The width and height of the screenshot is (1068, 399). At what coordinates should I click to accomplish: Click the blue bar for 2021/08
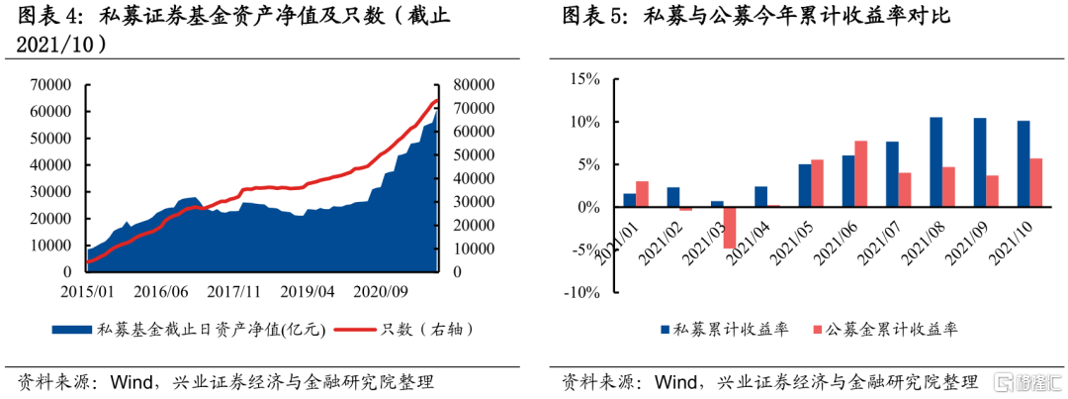pyautogui.click(x=935, y=162)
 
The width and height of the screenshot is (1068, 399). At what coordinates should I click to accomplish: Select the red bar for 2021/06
pyautogui.click(x=860, y=174)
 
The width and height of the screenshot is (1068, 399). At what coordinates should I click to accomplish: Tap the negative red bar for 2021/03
pyautogui.click(x=729, y=228)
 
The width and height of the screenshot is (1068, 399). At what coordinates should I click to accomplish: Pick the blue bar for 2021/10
pyautogui.click(x=1023, y=164)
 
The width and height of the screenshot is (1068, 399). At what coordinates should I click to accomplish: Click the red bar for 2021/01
pyautogui.click(x=642, y=194)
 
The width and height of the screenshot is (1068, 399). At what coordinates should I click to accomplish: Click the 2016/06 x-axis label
pyautogui.click(x=161, y=292)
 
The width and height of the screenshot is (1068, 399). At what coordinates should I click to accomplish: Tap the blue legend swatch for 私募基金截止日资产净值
pyautogui.click(x=72, y=330)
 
